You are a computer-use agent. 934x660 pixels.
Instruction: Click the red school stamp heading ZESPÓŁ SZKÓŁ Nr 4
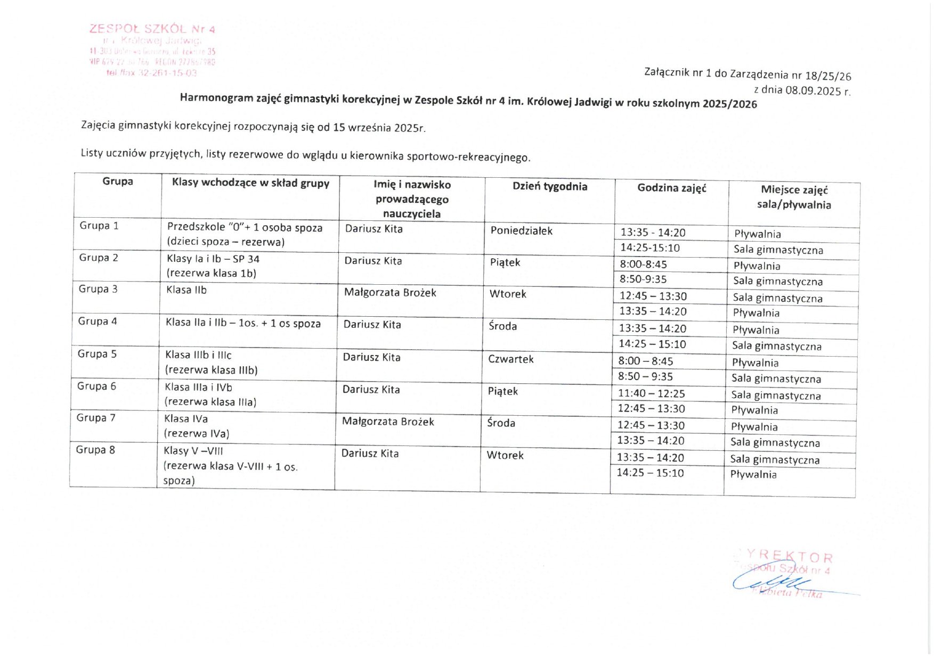click(x=152, y=29)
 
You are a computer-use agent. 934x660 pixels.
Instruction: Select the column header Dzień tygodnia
click(x=549, y=186)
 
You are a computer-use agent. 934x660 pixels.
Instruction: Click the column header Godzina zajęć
click(x=671, y=188)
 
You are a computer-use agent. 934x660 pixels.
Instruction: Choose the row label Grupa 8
click(x=95, y=450)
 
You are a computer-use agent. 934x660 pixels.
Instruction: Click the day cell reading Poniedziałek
click(x=521, y=231)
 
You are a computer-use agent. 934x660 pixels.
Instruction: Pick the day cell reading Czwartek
click(x=510, y=359)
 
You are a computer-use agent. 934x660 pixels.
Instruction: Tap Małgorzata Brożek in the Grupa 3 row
click(x=390, y=293)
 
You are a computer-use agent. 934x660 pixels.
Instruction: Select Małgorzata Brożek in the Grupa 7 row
click(x=388, y=422)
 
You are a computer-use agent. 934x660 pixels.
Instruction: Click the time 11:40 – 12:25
click(x=651, y=394)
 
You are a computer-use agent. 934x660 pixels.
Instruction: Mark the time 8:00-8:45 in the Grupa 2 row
click(x=643, y=265)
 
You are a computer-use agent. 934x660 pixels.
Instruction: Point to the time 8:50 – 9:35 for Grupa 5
click(x=645, y=377)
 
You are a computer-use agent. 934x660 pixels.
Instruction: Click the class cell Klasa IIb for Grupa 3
click(x=186, y=290)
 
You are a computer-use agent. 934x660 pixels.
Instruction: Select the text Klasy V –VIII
click(x=193, y=451)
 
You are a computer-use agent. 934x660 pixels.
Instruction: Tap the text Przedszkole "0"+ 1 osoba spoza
click(x=245, y=228)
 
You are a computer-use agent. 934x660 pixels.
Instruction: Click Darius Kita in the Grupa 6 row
click(x=371, y=390)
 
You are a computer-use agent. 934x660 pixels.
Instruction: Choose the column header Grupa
click(x=118, y=181)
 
